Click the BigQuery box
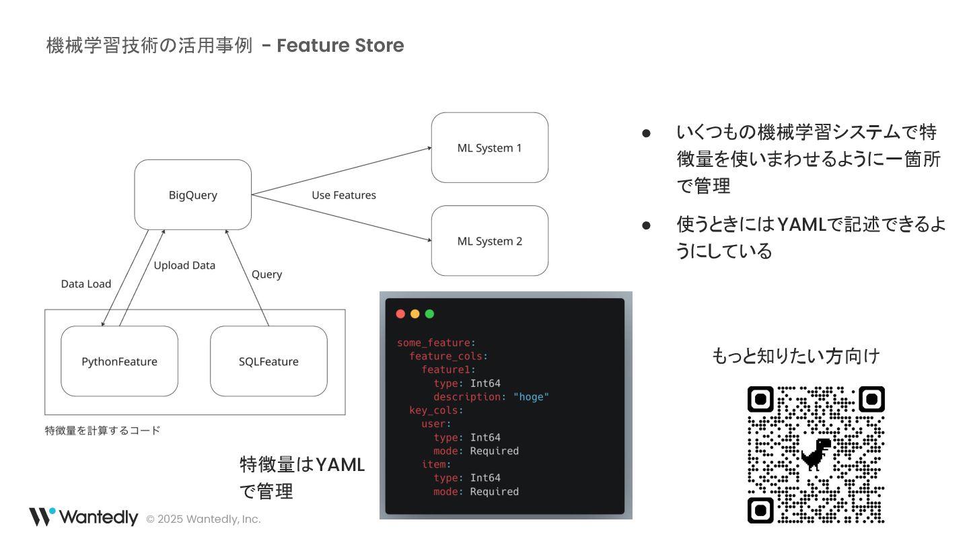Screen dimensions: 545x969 tap(193, 195)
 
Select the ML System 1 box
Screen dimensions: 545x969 tap(489, 148)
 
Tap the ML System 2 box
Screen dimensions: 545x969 tap(489, 241)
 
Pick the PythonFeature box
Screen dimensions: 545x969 tap(119, 361)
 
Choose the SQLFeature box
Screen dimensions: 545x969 tap(268, 361)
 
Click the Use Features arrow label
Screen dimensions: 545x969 tap(343, 195)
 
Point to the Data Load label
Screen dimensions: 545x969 tap(86, 284)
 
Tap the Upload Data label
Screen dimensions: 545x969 tap(184, 265)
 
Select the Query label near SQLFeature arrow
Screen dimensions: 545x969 tap(266, 275)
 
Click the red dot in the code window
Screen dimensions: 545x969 tap(401, 314)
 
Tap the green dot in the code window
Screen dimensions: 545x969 tap(429, 314)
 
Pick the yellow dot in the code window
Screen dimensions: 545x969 tap(415, 314)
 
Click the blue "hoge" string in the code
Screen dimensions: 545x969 tap(531, 397)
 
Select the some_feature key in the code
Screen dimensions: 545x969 tap(435, 343)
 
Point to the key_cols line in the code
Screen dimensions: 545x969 tap(435, 410)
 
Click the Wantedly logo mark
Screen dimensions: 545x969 tap(42, 517)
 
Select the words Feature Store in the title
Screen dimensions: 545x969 tap(340, 46)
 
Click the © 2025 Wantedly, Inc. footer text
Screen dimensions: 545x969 tap(203, 519)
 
